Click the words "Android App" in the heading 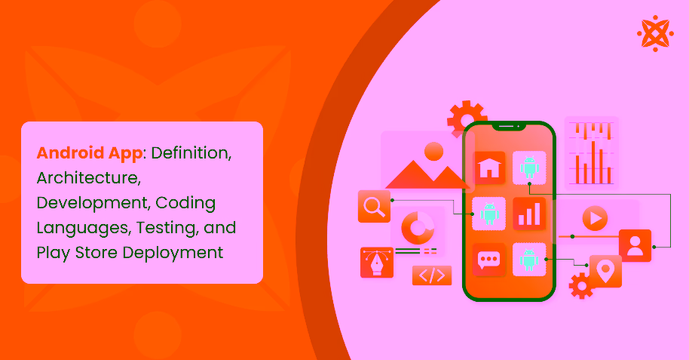pyautogui.click(x=89, y=153)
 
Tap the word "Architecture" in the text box pyautogui.click(x=88, y=178)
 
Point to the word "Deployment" pyautogui.click(x=180, y=252)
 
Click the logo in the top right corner pyautogui.click(x=654, y=32)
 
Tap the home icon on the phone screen pyautogui.click(x=488, y=168)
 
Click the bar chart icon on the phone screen pyautogui.click(x=528, y=214)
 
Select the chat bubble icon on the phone pyautogui.click(x=488, y=260)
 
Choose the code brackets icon pyautogui.click(x=431, y=275)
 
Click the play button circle pyautogui.click(x=595, y=219)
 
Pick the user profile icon pyautogui.click(x=635, y=245)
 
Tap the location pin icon pyautogui.click(x=605, y=270)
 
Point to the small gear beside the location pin pyautogui.click(x=580, y=286)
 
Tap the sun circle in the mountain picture pyautogui.click(x=433, y=152)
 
